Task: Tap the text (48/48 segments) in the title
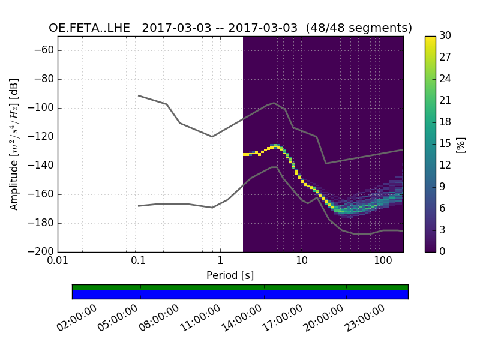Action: (x=359, y=28)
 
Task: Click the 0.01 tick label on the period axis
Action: (x=58, y=262)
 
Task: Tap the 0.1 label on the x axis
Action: (x=139, y=262)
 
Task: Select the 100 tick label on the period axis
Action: (x=382, y=262)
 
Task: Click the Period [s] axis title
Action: (x=230, y=275)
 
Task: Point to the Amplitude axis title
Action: (x=14, y=144)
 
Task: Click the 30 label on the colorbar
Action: (x=446, y=36)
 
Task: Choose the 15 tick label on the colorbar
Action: (x=446, y=144)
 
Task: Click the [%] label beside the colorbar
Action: (x=461, y=144)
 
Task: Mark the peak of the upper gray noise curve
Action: (x=274, y=103)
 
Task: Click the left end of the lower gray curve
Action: (x=139, y=206)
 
